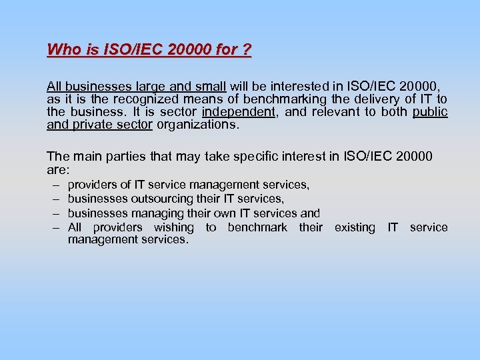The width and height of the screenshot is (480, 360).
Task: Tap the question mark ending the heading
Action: click(247, 50)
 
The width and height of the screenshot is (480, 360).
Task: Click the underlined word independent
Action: click(239, 111)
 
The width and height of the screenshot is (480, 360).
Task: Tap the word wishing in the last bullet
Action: click(173, 227)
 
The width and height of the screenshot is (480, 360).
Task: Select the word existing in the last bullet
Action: click(354, 227)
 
